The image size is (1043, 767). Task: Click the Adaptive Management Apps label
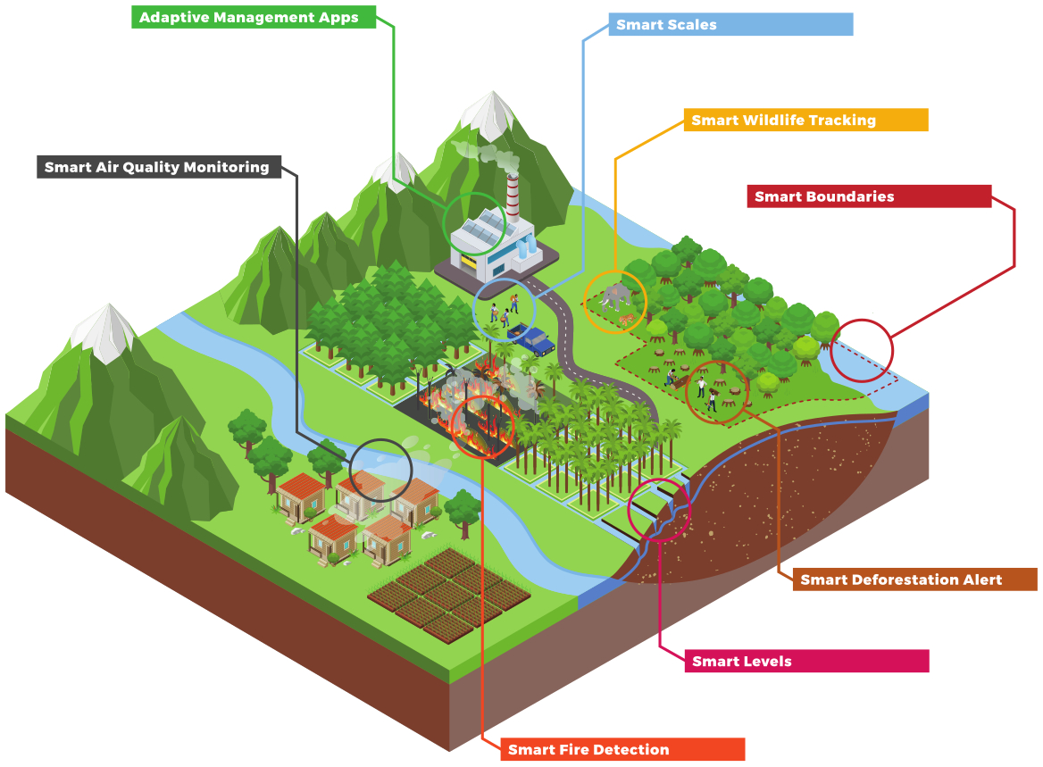click(x=249, y=17)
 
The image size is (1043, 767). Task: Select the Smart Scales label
click(x=666, y=25)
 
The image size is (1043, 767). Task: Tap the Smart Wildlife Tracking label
click(x=783, y=121)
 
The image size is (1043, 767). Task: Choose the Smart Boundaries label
click(x=824, y=196)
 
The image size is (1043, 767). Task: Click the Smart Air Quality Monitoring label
click(x=157, y=167)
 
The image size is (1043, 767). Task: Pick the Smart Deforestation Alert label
click(x=901, y=579)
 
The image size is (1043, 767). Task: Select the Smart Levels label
click(x=742, y=662)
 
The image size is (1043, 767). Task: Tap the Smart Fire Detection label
click(x=588, y=750)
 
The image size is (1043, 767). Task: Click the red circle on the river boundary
click(x=861, y=351)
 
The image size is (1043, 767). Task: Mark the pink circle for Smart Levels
click(x=659, y=510)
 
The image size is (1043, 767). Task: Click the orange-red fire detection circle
click(x=483, y=426)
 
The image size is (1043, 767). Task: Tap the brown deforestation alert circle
click(x=716, y=391)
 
